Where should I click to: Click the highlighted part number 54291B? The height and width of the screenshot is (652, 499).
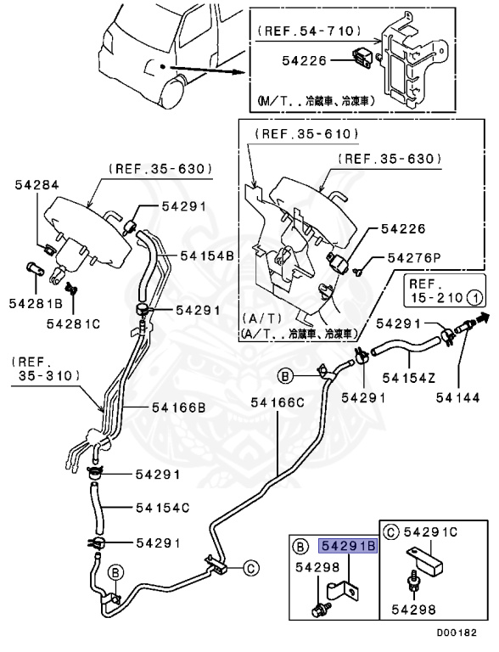[x=348, y=547]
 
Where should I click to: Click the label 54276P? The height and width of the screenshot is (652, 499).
[x=417, y=257]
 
